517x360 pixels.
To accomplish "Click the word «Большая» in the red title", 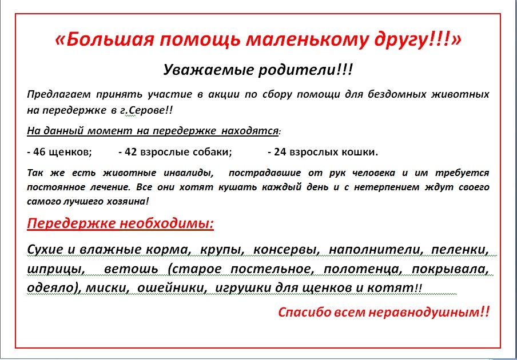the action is click(107, 40).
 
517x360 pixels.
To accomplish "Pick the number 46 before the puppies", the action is click(39, 152).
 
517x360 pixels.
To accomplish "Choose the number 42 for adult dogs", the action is click(130, 152).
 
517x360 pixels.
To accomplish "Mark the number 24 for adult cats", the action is click(280, 152).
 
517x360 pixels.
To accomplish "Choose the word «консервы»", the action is click(287, 250).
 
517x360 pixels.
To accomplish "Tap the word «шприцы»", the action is click(55, 269).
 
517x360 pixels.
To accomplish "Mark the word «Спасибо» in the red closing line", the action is click(304, 311).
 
